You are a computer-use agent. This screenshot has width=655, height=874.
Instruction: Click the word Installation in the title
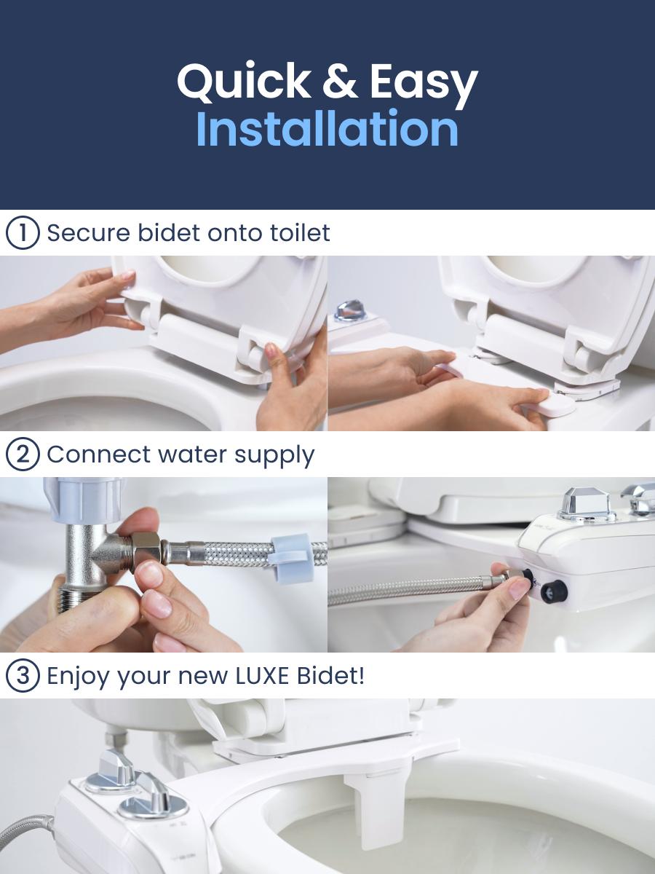[327, 130]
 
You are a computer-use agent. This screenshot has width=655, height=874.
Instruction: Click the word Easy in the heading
[423, 83]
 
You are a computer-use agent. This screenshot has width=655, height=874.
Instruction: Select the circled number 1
[22, 233]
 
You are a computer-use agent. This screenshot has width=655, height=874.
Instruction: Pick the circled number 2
[22, 454]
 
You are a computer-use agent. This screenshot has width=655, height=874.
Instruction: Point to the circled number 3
[22, 676]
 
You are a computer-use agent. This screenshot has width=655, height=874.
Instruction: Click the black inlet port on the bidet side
[554, 591]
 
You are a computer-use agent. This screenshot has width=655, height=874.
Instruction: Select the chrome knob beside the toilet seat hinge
[349, 309]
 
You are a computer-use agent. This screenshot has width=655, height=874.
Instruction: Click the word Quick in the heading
[245, 83]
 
